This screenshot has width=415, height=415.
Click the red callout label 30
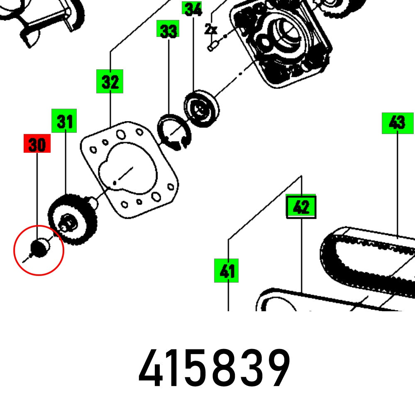(37, 144)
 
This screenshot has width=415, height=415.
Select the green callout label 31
(64, 121)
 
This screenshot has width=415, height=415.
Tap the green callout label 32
(110, 82)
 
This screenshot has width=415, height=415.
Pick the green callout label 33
(168, 31)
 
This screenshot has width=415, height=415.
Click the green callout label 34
(193, 8)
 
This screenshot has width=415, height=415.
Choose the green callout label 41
(227, 271)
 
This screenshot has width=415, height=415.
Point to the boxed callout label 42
(301, 206)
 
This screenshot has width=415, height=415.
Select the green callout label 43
(398, 123)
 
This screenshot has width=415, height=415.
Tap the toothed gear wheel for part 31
(73, 220)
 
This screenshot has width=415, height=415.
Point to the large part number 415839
(214, 368)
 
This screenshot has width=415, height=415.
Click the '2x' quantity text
(211, 29)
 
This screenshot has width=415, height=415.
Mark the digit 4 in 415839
(151, 368)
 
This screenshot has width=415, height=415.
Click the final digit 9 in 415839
(276, 368)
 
